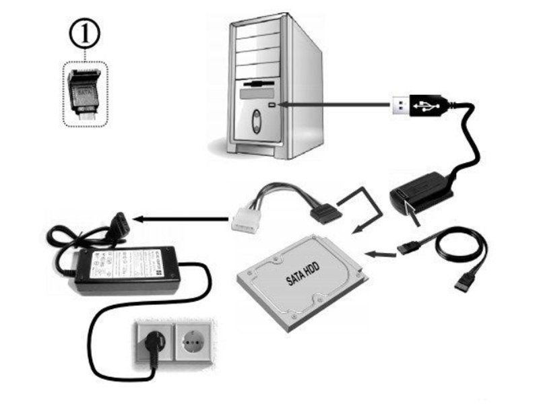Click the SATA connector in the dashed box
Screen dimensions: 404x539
coord(85,94)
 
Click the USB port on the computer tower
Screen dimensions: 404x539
coord(272,105)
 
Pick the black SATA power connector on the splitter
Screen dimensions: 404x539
coord(323,215)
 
